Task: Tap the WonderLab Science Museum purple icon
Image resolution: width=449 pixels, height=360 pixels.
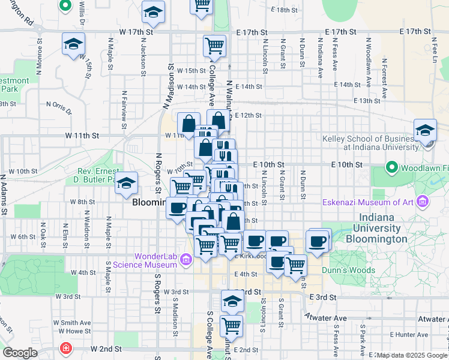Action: [186, 259]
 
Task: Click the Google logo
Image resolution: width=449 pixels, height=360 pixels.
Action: [20, 353]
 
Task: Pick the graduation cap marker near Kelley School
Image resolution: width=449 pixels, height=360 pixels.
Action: [424, 130]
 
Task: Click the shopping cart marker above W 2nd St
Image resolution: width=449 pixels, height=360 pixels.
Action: [231, 326]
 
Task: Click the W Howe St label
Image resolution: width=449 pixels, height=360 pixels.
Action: [71, 331]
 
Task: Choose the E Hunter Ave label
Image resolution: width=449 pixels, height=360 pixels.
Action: [409, 334]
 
